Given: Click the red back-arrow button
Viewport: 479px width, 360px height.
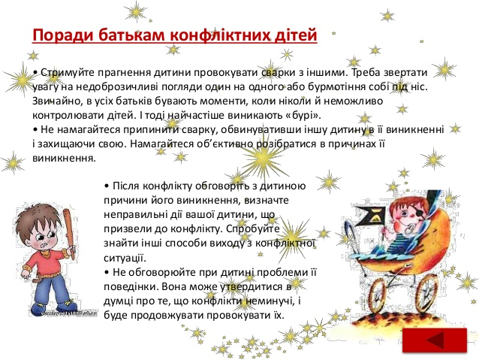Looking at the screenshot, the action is click(435, 340).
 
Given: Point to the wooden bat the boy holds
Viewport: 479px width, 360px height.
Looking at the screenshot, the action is click(69, 233).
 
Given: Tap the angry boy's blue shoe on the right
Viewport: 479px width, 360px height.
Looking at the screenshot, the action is click(68, 305).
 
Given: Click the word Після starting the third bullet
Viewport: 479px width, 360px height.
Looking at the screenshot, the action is click(126, 186).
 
